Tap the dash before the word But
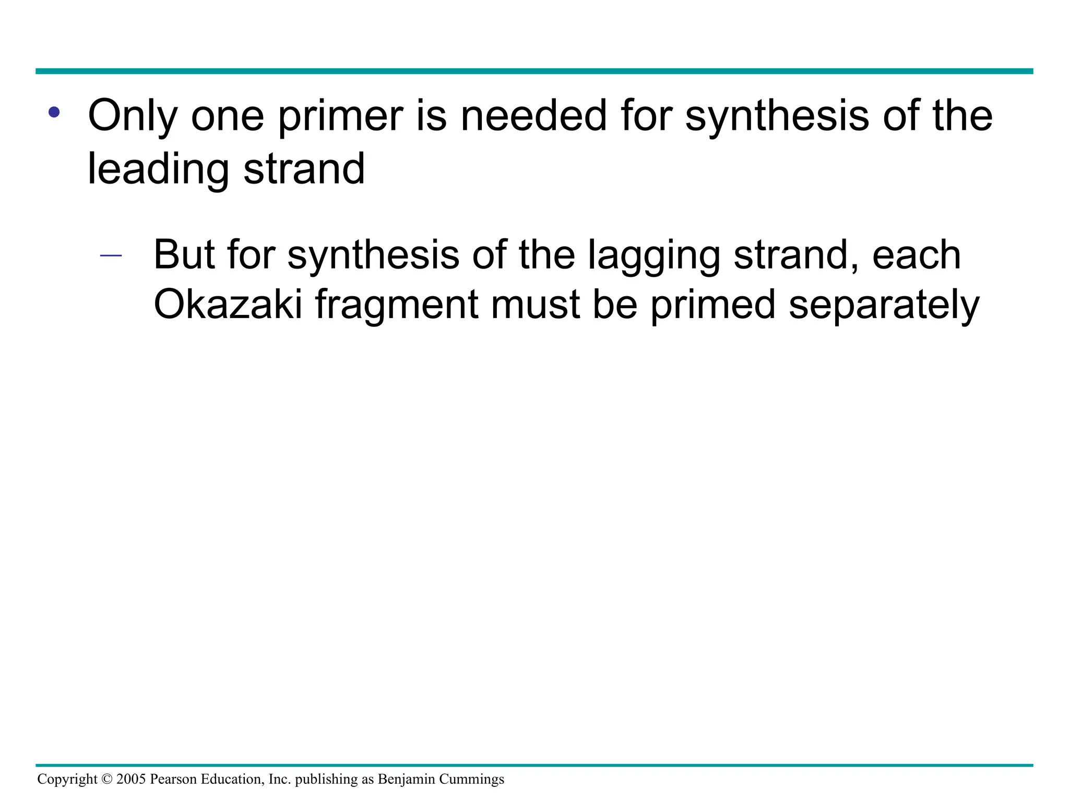111,256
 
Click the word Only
133,116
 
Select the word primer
340,116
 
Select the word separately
884,306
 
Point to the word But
184,255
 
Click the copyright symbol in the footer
107,779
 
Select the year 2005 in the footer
131,779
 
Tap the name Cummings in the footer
471,780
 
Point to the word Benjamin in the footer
406,780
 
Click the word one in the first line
228,116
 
